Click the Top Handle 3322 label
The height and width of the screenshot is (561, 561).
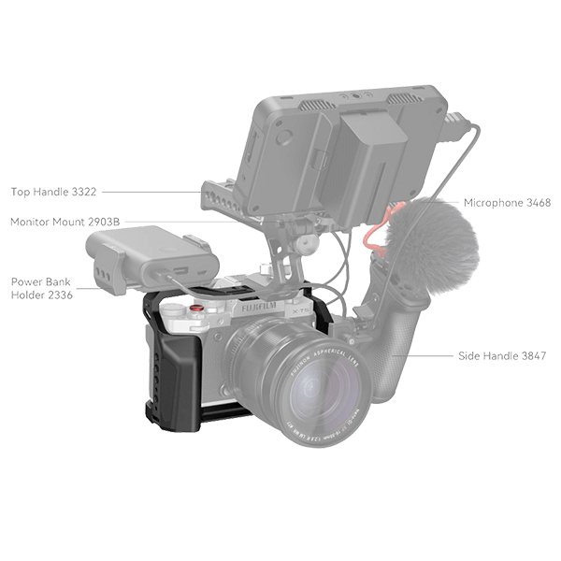(x=53, y=192)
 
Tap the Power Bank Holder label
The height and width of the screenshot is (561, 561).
(x=38, y=287)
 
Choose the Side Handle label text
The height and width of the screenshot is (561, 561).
(x=503, y=356)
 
